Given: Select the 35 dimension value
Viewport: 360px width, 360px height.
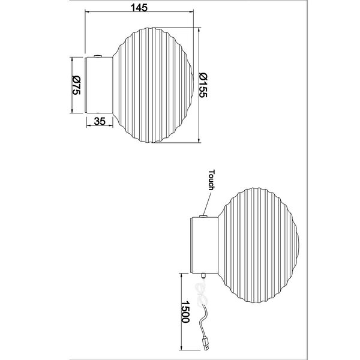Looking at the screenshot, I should (x=100, y=121).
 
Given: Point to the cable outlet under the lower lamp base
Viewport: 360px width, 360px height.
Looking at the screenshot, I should (x=203, y=277).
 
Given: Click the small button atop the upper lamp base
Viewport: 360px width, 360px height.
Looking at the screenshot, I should (x=97, y=56).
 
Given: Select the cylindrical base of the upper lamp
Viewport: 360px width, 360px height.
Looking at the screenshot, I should (x=98, y=85).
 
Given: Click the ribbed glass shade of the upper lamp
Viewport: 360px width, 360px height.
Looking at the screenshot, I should (x=153, y=85).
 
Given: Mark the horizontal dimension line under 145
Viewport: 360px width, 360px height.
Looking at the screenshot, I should (x=141, y=13).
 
